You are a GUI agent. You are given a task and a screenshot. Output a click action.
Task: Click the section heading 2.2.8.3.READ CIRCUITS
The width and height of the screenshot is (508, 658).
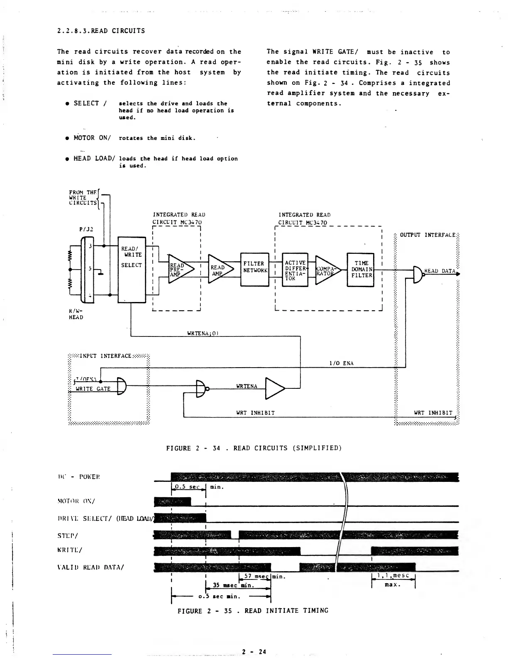(101, 31)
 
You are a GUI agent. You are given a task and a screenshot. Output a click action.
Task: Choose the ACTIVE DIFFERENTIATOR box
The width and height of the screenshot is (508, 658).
(295, 270)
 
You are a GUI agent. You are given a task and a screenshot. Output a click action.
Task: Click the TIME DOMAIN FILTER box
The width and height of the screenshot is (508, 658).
(361, 270)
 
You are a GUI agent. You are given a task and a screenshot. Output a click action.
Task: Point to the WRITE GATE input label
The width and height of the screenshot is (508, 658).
(93, 389)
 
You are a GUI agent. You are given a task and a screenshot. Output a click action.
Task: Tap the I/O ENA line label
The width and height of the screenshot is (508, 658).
(341, 363)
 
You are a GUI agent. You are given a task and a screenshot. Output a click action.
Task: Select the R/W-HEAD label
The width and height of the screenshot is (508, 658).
(75, 314)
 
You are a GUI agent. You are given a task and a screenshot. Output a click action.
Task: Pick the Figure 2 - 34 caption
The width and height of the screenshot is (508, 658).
(254, 448)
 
